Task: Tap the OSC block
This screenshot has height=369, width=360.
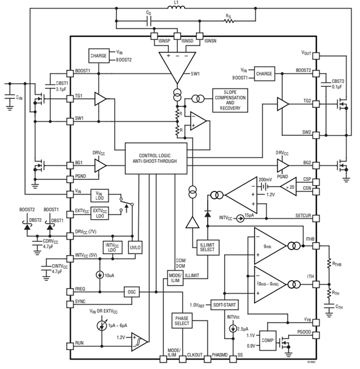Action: coord(132,292)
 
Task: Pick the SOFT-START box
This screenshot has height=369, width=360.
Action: coord(224,305)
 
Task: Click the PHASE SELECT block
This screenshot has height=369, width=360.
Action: coord(182,321)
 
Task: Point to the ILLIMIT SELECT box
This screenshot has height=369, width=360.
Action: coord(208,247)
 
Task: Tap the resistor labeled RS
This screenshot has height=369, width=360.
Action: coord(229,21)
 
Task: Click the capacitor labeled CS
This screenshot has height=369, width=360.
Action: coord(149,21)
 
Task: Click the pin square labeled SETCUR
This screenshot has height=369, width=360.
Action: coord(315,219)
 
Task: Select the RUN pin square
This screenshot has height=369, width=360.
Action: coord(70,346)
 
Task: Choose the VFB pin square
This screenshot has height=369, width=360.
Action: coord(315,322)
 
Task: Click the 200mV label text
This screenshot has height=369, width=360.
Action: coord(265,180)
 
